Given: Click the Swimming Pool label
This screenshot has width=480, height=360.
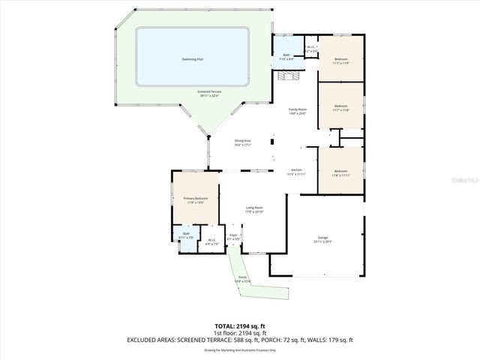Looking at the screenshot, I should [193, 58].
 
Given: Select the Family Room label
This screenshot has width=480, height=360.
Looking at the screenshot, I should [298, 111].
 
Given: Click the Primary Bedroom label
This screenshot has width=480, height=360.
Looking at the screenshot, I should [196, 199].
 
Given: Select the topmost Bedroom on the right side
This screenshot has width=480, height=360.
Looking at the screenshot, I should [340, 60].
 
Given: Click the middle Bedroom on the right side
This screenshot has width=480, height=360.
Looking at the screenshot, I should [340, 107].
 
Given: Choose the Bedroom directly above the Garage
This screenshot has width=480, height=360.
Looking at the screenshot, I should [340, 172].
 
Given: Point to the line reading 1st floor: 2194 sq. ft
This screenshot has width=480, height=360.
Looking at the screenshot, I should [239, 334].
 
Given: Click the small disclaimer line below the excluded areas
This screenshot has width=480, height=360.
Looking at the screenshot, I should [239, 349].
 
